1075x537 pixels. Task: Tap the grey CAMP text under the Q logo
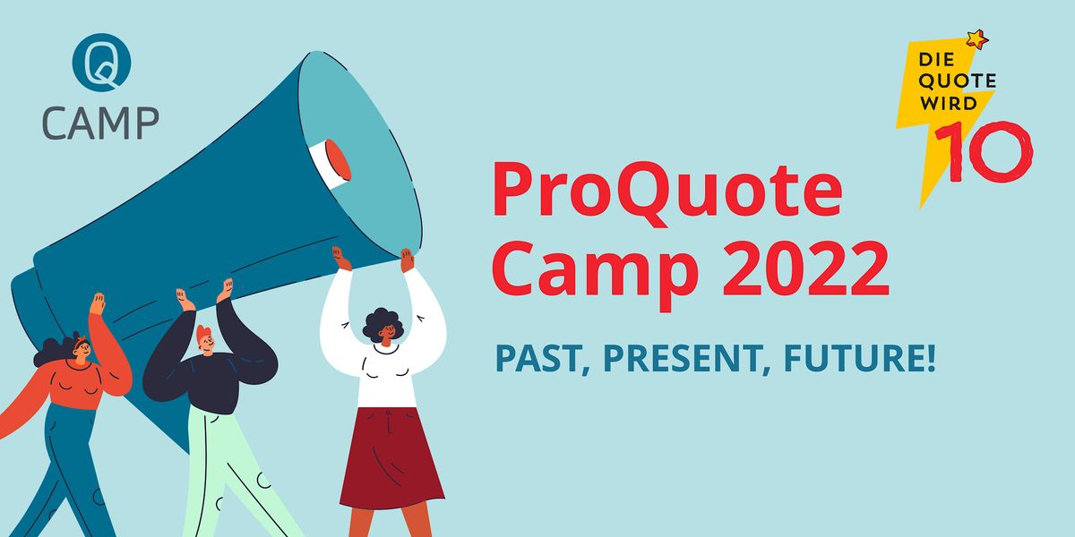101,123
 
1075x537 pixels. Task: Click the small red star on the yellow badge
976,38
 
